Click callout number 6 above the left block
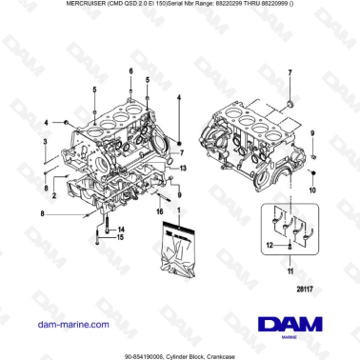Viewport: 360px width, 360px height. (x=130, y=70)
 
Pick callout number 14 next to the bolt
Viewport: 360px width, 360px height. (x=121, y=230)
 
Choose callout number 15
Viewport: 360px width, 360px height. (x=121, y=238)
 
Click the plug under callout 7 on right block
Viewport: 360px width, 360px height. (x=289, y=102)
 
